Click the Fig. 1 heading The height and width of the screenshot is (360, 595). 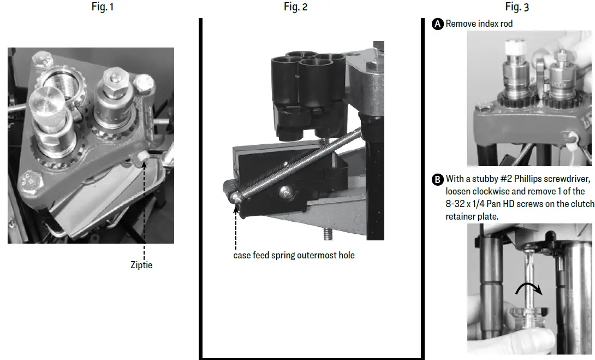pos(103,7)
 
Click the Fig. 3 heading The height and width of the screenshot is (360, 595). pos(516,7)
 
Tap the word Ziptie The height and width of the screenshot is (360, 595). pos(142,265)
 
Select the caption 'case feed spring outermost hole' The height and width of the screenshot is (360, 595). pos(294,255)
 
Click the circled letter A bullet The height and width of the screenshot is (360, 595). pos(437,24)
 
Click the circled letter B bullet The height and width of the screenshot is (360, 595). pos(437,179)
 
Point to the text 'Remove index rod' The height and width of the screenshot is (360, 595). pos(479,24)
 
